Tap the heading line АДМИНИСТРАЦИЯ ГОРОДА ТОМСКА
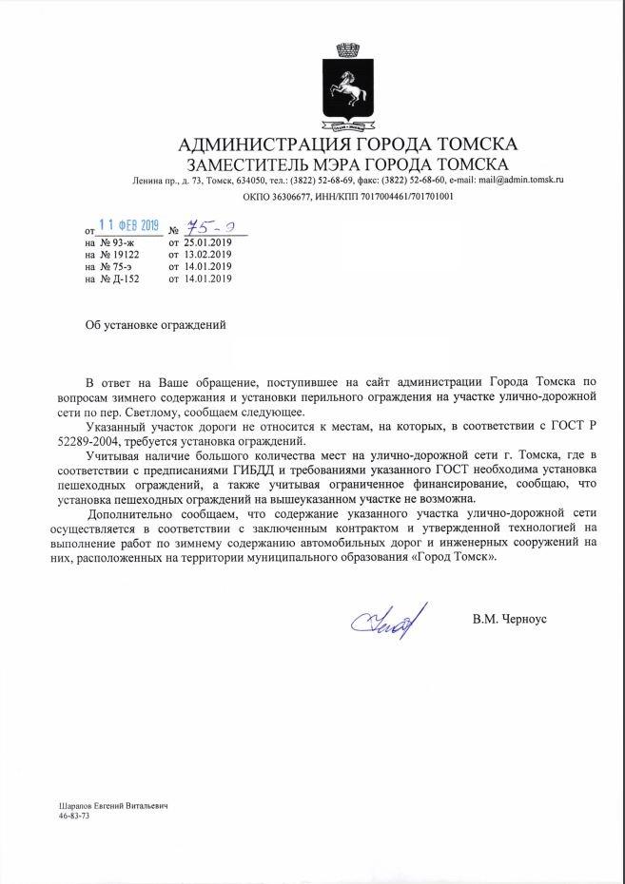click(348, 144)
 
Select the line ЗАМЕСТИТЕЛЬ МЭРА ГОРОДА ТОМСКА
click(348, 163)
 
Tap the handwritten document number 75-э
click(202, 228)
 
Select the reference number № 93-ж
click(110, 242)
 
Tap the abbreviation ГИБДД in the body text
click(277, 472)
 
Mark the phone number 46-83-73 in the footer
click(74, 816)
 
